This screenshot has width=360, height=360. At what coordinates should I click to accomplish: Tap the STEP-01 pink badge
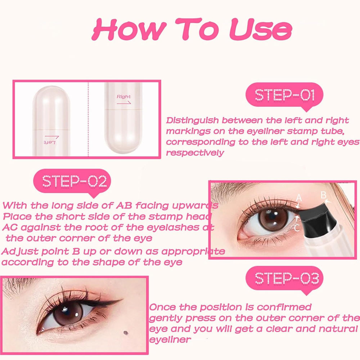(x=284, y=95)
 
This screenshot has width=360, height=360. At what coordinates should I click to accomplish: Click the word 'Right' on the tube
(x=124, y=96)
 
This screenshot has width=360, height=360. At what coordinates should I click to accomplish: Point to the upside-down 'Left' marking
(x=50, y=143)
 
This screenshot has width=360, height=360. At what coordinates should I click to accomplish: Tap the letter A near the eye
(x=298, y=197)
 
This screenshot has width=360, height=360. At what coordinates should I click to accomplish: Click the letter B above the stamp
(x=323, y=195)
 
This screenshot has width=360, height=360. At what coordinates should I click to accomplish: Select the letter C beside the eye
(x=297, y=228)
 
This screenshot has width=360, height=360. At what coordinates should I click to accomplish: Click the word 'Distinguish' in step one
(x=191, y=121)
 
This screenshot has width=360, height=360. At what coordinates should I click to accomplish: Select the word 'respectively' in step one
(x=195, y=153)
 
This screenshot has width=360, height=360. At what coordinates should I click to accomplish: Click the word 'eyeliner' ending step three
(x=170, y=339)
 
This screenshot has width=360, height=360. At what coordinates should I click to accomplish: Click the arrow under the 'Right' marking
(x=124, y=103)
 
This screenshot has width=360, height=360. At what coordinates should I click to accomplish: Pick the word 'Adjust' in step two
(x=18, y=251)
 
